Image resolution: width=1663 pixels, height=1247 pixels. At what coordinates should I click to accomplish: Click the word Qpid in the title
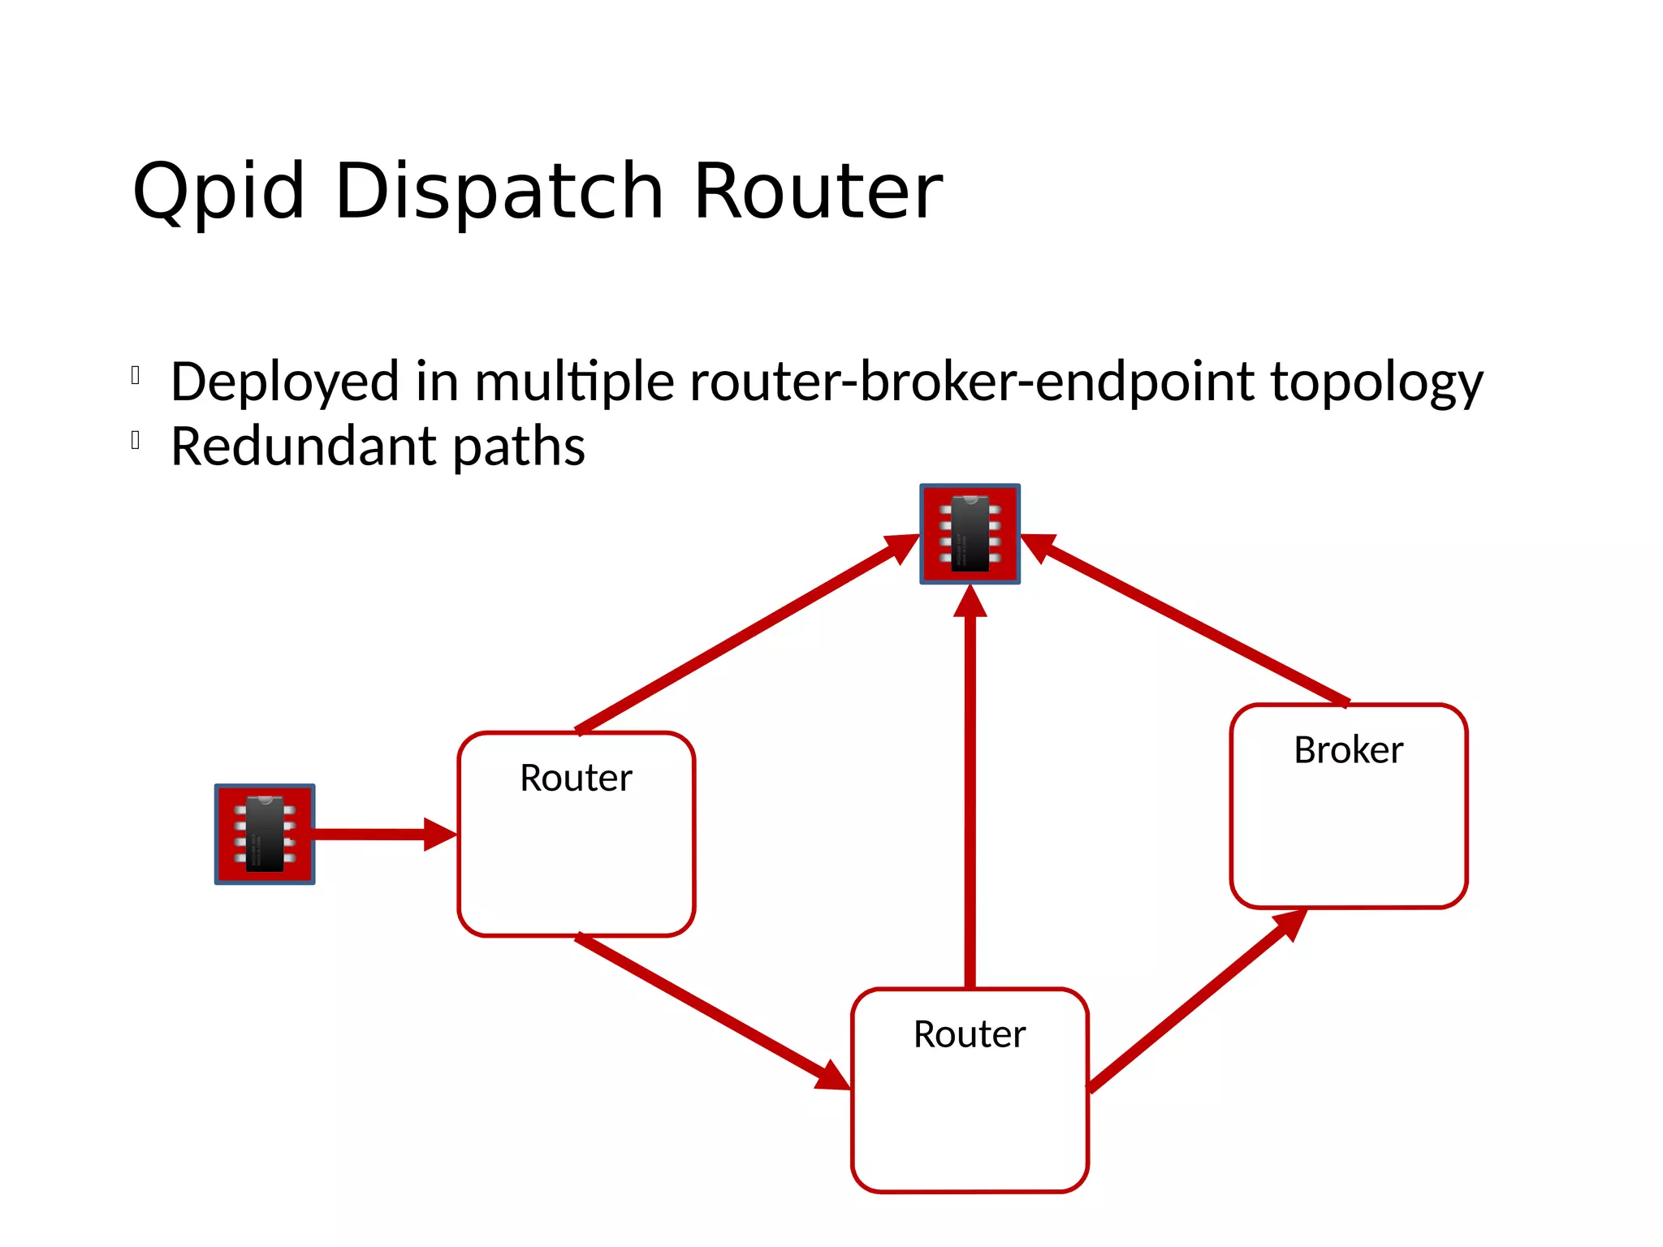coord(218,192)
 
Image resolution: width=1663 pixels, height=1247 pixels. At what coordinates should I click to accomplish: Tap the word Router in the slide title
coord(817,192)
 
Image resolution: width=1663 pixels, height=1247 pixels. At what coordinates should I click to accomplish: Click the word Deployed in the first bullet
coord(285,382)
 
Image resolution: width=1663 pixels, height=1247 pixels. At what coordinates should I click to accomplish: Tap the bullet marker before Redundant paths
coord(136,441)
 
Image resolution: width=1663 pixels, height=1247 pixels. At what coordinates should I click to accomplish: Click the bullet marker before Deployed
coord(136,376)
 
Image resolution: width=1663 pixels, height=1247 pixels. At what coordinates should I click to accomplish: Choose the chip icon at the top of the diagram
coord(970,534)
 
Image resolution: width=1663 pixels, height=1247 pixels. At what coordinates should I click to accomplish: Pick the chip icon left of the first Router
coord(265,834)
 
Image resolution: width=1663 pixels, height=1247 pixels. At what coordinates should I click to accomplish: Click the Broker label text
coord(1348,750)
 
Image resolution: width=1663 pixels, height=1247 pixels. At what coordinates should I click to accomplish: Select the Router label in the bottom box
coord(970,1034)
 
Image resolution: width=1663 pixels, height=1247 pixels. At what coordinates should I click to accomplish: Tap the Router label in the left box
coord(576,778)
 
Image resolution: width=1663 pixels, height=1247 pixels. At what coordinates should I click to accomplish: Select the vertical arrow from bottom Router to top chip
coord(970,787)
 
